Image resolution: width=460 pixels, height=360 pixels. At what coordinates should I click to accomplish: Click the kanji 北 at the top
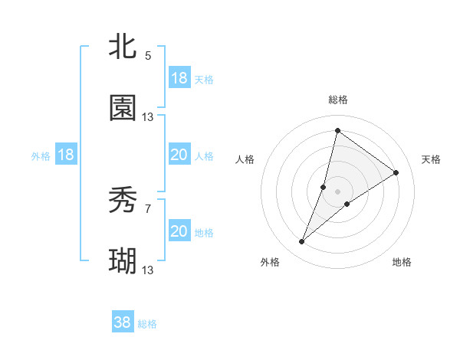tap(123, 47)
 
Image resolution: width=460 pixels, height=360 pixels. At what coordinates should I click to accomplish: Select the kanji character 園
tap(123, 109)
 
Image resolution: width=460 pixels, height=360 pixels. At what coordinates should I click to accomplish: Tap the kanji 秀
tap(123, 201)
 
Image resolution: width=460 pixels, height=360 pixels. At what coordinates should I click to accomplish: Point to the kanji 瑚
tap(123, 262)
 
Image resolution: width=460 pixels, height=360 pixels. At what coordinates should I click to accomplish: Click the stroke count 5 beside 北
tap(148, 56)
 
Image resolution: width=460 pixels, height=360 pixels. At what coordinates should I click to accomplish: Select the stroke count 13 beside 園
tap(148, 117)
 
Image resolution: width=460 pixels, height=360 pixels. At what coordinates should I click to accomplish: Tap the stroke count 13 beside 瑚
tap(148, 270)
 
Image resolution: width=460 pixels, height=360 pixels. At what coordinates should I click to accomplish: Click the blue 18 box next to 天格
tap(179, 78)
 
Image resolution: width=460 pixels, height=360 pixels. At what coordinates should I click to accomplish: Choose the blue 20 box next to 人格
tap(179, 155)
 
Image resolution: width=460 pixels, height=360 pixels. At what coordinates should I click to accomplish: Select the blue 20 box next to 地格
tap(179, 231)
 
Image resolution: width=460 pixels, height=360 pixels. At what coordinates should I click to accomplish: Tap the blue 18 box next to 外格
tap(66, 155)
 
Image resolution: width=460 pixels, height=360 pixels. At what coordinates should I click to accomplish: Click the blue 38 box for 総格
tap(123, 322)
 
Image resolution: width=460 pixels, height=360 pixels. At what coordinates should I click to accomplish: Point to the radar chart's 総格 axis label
tap(337, 100)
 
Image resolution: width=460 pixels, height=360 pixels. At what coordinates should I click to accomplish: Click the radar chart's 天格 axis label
tap(431, 159)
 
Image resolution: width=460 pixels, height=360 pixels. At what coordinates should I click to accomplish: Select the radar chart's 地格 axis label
tap(402, 262)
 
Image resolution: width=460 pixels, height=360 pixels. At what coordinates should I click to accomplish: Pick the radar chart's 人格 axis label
tap(245, 159)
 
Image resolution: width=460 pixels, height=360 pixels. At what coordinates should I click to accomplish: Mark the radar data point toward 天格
tap(396, 172)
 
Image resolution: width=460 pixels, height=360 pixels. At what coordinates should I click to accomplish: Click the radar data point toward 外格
tap(302, 242)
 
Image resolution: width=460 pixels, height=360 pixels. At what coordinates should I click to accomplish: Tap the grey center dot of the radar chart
tap(337, 191)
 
